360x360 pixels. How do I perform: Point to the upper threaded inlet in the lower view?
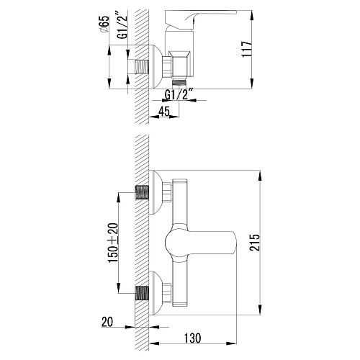pos(144,192)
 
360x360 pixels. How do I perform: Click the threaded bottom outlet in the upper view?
pos(181,84)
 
